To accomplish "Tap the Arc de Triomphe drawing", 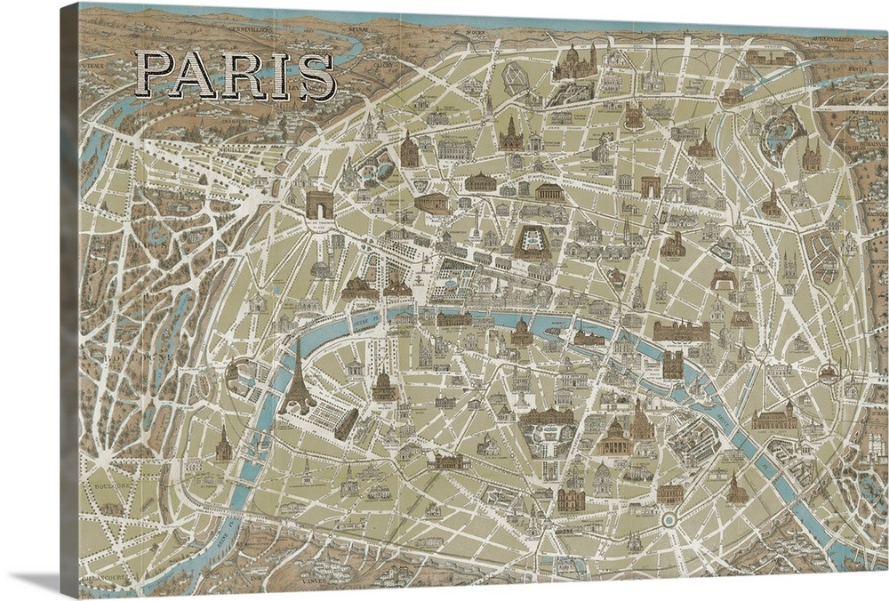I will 318,204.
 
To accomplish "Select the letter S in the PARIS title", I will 317,78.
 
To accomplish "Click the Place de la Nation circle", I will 829,373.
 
